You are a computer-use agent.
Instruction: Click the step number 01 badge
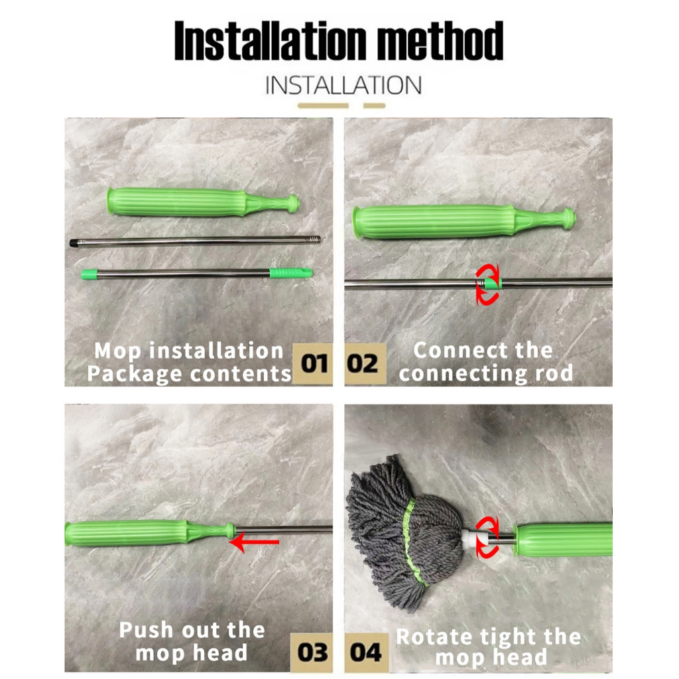click(x=314, y=364)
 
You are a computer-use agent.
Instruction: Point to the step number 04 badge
click(x=366, y=652)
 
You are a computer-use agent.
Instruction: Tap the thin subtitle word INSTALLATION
click(x=343, y=86)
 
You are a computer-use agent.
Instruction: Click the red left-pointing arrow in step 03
click(x=254, y=542)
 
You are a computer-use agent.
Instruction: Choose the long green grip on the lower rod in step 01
click(x=290, y=273)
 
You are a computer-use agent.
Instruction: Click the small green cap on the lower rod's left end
click(x=90, y=274)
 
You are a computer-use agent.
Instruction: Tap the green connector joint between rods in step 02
click(x=491, y=284)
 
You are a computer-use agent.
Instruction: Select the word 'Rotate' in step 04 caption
click(x=435, y=637)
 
